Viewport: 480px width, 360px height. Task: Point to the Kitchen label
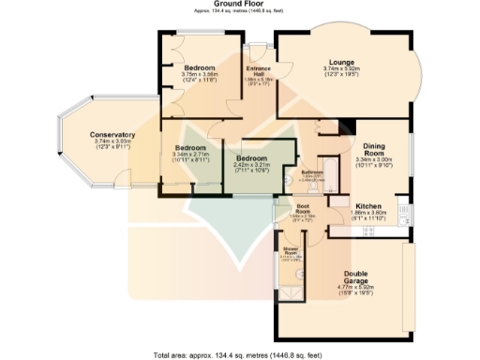coord(367,205)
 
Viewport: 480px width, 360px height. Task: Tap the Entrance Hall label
coord(258,71)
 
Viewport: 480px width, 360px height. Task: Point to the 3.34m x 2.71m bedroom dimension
coord(190,156)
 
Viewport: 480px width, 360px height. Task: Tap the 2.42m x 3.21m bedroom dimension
coord(252,165)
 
